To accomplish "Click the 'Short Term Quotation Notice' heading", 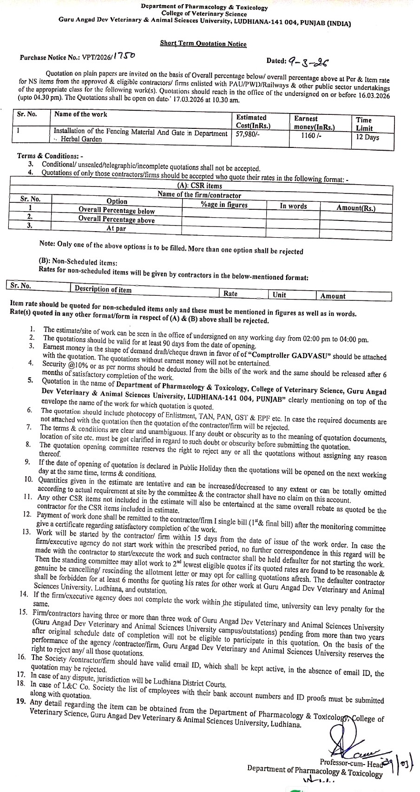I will pos(203,44).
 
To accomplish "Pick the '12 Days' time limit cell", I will pos(367,137).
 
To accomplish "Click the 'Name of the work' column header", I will pos(80,114).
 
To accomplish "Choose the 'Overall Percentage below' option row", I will pos(116,211).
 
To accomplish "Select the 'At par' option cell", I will pos(116,228).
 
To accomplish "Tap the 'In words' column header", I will pos(293,206).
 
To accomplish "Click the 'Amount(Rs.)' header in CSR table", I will pos(356,208).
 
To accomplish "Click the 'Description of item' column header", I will pos(103,289).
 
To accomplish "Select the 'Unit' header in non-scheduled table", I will pos(279,295).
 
